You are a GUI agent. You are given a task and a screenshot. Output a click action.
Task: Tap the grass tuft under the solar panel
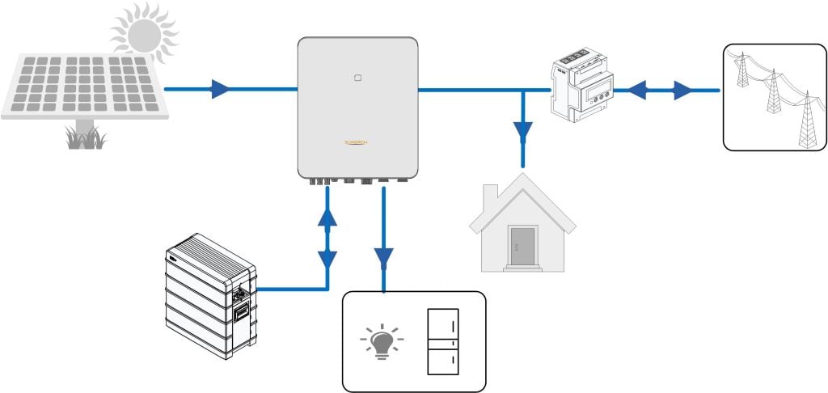pos(85,139)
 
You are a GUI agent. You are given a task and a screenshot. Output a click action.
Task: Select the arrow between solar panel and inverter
pos(219,89)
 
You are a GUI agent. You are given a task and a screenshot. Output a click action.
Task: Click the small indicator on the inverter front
pos(357,79)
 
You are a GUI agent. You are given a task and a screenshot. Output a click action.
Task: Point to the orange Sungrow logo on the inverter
pos(357,143)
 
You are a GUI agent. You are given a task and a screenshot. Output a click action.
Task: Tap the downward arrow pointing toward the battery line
pos(327,260)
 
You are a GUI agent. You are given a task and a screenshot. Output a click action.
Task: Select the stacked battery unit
pos(211,295)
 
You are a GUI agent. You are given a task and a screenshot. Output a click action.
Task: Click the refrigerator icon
pos(442,341)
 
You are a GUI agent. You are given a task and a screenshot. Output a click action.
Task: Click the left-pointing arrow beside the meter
pos(638,89)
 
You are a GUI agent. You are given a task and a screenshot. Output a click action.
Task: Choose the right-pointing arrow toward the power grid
pos(683,89)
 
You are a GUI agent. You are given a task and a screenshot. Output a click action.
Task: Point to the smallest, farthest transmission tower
pos(743,70)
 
